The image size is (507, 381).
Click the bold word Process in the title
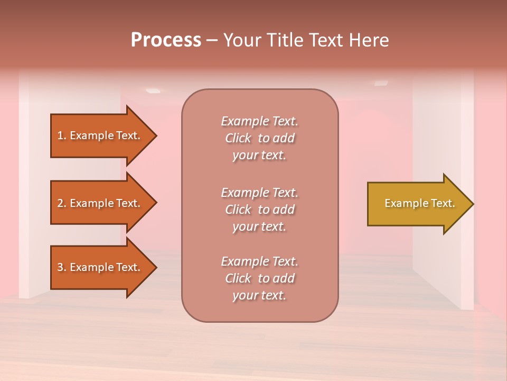point(166,40)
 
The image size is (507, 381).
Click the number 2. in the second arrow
point(62,203)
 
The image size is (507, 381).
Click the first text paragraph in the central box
point(259,138)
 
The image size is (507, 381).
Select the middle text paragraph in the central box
point(259,210)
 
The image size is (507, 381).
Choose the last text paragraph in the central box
point(259,278)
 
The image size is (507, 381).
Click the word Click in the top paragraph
point(238,138)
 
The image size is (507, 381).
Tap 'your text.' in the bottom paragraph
point(259,296)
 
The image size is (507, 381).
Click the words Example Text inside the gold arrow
point(420,203)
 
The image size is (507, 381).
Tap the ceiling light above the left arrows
point(153,91)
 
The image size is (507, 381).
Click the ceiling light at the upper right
point(381,83)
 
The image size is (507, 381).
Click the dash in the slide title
point(212,40)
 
